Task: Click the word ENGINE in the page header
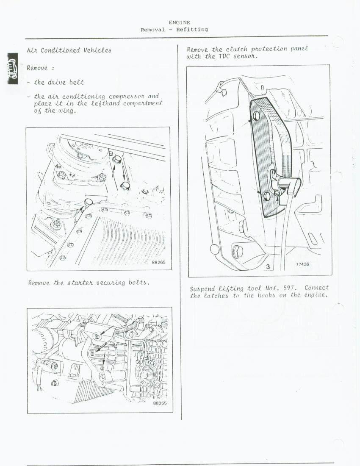[x=180, y=22]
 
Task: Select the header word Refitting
[x=192, y=30]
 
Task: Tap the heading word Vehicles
[x=97, y=50]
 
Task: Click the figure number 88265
[x=158, y=262]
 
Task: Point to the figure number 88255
[x=160, y=403]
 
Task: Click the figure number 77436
[x=302, y=264]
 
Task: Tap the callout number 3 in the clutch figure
[x=268, y=266]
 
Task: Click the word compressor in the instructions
[x=127, y=96]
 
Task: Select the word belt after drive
[x=77, y=82]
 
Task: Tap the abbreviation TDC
[x=224, y=56]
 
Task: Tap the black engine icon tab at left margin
[x=12, y=69]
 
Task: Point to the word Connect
[x=316, y=288]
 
